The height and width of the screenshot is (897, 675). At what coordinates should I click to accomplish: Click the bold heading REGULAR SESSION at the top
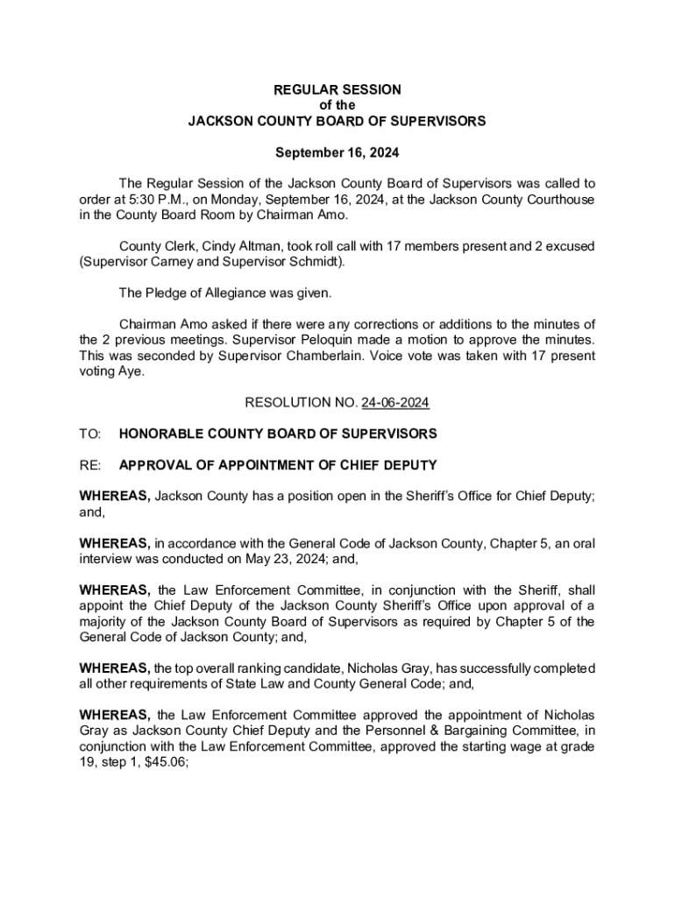point(337,89)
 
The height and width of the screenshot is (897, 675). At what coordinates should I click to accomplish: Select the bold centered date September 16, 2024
point(337,152)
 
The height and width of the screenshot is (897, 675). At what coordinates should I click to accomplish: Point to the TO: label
point(90,434)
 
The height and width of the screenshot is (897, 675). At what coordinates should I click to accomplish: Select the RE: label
point(90,464)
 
